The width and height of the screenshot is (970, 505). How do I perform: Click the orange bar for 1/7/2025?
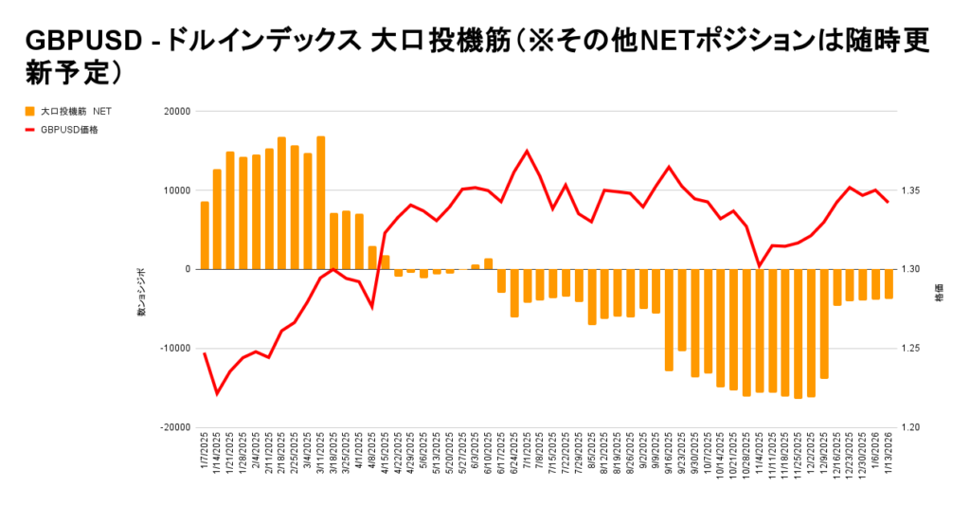205,235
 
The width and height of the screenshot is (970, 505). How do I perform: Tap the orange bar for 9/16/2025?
669,319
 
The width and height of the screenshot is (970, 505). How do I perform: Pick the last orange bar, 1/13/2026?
889,283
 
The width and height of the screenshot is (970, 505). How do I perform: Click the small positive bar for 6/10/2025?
488,263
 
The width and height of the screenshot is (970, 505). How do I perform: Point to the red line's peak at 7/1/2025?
527,151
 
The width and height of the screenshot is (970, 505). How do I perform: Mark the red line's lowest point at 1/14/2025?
217,393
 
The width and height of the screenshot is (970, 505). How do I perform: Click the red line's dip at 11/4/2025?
760,266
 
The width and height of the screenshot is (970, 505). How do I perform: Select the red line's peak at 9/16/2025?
669,167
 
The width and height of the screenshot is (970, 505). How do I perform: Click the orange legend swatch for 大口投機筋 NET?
30,111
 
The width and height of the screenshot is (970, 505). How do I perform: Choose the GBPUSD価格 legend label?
70,130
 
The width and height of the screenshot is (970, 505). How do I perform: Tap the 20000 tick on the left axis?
176,111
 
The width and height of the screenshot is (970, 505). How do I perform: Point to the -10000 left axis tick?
174,348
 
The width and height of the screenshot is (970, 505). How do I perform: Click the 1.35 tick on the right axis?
910,190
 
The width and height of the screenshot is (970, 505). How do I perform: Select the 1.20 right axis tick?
910,427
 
